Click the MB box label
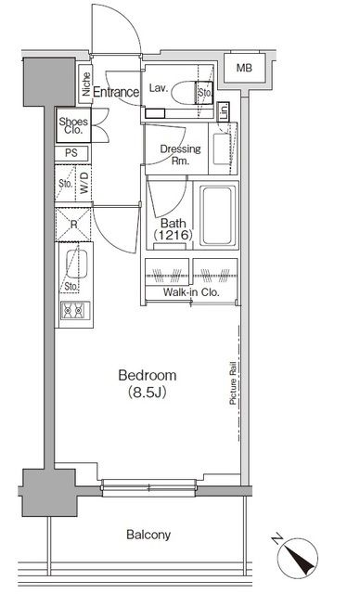click(243, 69)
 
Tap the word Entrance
click(116, 92)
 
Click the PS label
click(71, 154)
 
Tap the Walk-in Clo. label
click(190, 292)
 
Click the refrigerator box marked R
click(71, 222)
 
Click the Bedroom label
click(147, 375)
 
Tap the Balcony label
click(148, 536)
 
